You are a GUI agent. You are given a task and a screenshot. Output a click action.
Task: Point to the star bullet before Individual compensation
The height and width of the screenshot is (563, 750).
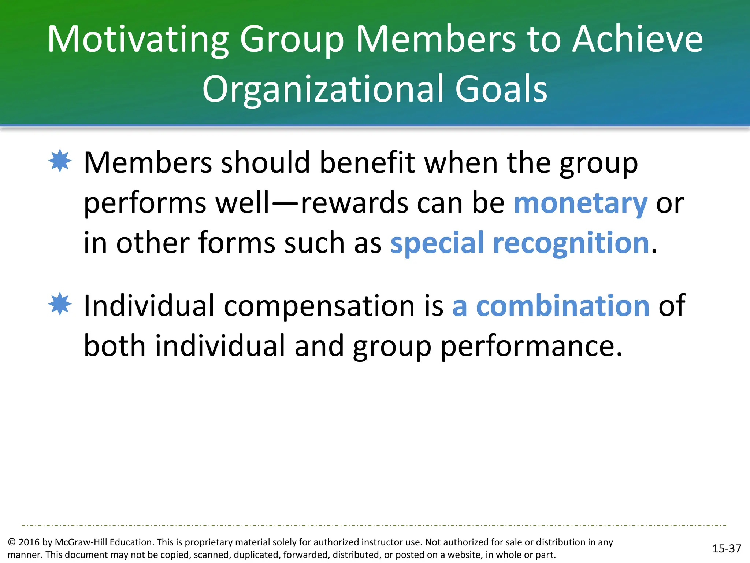coord(60,304)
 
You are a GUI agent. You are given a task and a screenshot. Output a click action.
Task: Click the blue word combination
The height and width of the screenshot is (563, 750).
coord(562,306)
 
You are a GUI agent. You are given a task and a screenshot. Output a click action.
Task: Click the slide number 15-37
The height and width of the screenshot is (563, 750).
coord(727,548)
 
